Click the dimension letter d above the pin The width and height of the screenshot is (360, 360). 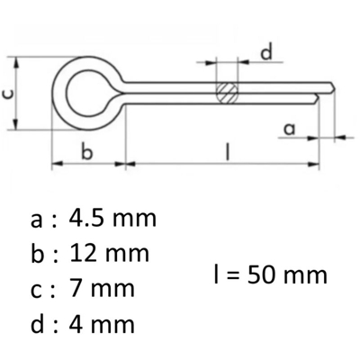coord(265,53)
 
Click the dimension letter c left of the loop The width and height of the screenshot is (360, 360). coord(10,92)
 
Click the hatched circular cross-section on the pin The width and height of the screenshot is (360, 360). coord(227,93)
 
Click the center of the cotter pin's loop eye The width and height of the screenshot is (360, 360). coord(86,92)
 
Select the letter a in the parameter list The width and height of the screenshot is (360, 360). coord(36,220)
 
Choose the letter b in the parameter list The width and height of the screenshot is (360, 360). coord(37,253)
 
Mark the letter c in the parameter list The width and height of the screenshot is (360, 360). coord(36,289)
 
